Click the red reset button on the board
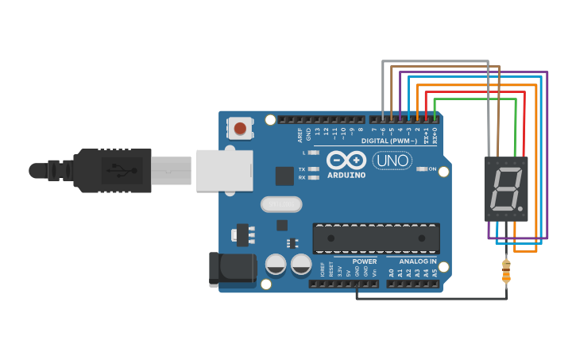[x=240, y=127]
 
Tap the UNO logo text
[x=392, y=161]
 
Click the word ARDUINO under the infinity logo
[x=346, y=175]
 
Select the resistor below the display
[x=506, y=271]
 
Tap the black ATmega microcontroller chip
[x=376, y=238]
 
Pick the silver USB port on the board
[x=224, y=170]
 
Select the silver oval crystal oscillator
[x=281, y=205]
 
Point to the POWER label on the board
[x=365, y=261]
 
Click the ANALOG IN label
[x=417, y=261]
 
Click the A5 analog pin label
[x=435, y=273]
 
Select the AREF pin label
[x=300, y=134]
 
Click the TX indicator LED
[x=313, y=169]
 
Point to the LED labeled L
[x=313, y=152]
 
